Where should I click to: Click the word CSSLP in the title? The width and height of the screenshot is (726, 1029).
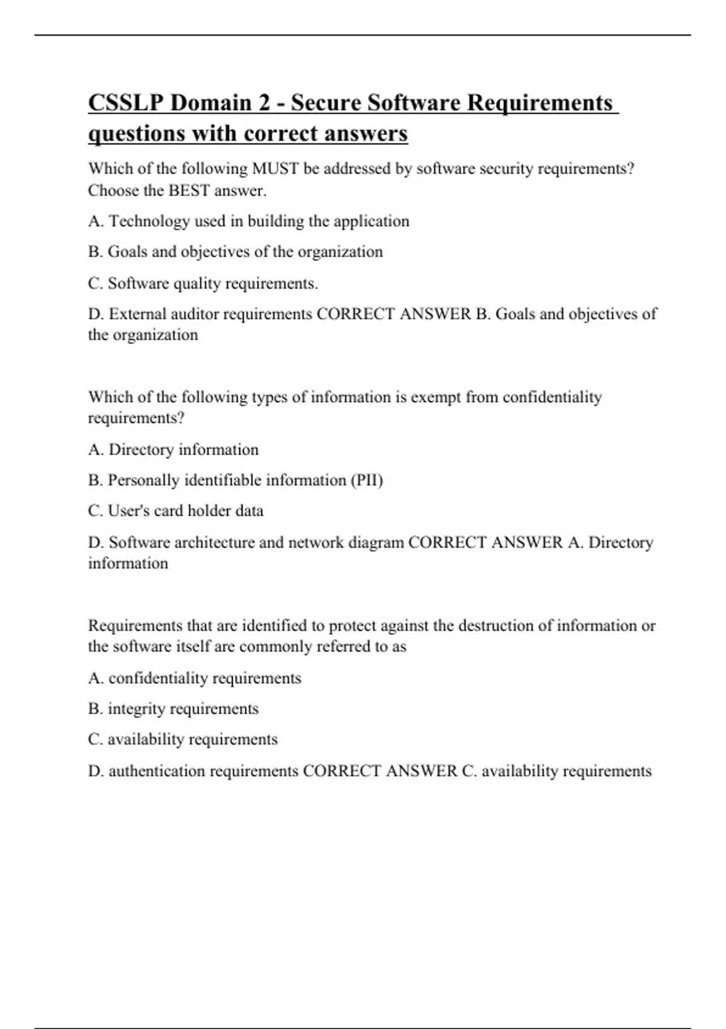(x=125, y=103)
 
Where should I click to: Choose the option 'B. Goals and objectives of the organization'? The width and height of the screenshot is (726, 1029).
(x=235, y=252)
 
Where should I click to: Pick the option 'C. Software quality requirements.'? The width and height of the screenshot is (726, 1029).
(x=203, y=283)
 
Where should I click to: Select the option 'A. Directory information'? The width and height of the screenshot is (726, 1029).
(x=173, y=450)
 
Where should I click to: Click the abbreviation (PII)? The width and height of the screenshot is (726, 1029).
(x=367, y=481)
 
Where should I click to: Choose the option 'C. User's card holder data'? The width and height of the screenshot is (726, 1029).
(x=175, y=511)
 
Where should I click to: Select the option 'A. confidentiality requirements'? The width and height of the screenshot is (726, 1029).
(x=194, y=678)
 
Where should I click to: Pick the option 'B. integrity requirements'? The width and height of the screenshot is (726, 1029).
(x=173, y=709)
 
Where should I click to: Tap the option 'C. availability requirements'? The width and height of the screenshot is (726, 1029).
(x=183, y=740)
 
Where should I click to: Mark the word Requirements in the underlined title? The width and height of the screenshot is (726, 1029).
(x=540, y=103)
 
